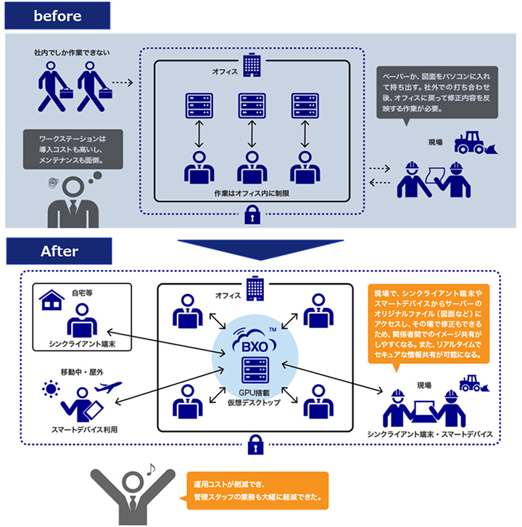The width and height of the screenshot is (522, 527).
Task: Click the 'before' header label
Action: [x=57, y=16]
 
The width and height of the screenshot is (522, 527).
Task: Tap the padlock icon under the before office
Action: [x=252, y=214]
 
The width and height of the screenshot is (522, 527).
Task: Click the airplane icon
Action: [x=108, y=386]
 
